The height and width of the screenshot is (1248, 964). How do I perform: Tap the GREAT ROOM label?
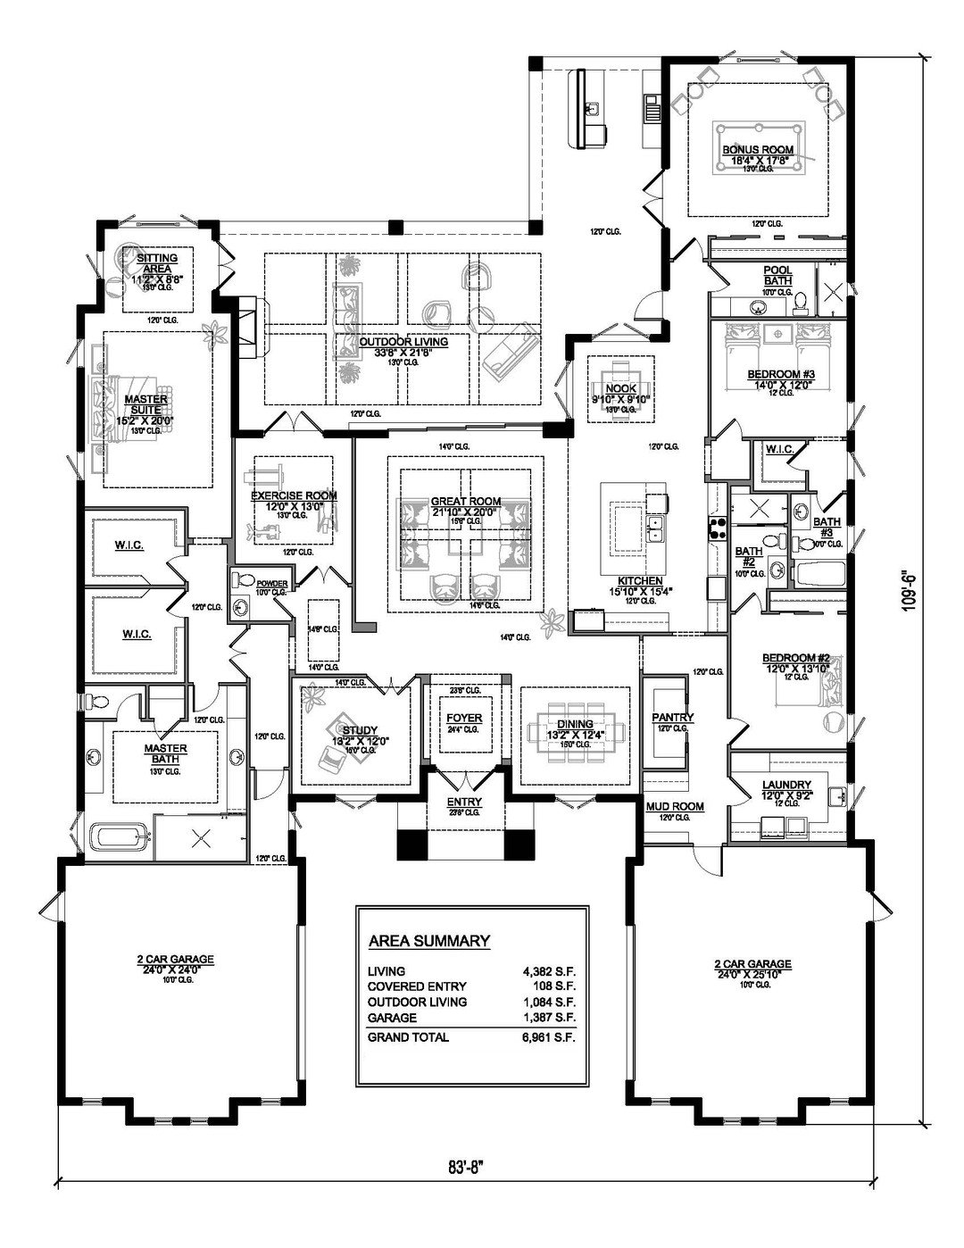[x=465, y=502]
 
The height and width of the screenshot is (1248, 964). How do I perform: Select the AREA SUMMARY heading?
[x=428, y=940]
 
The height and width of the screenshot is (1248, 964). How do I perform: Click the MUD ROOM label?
[x=674, y=806]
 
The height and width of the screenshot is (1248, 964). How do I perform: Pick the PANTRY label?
[x=672, y=718]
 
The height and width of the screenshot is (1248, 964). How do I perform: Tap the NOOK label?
[x=620, y=388]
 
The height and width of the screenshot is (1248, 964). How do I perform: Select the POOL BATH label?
[x=777, y=275]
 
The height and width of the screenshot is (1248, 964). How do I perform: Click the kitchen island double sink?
[x=656, y=528]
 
